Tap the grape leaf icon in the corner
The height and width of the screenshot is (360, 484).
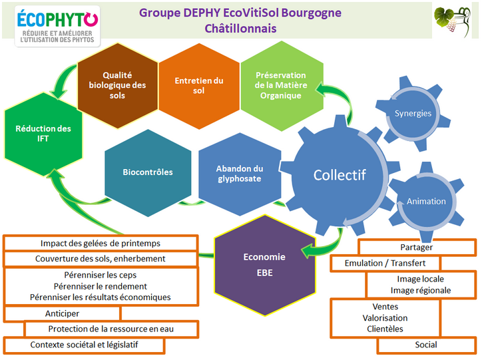pos(452,22)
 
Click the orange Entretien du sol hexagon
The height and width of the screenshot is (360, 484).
pos(198,85)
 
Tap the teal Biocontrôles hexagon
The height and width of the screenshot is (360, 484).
pos(147,172)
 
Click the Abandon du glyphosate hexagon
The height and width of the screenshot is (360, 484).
pos(240,173)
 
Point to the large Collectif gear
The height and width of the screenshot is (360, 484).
pos(340,175)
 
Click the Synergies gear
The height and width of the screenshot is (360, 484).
pos(413,113)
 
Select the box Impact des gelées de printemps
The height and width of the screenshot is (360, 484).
pos(100,244)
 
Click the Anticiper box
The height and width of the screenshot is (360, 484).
pos(62,313)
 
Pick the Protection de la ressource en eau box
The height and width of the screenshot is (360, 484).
pos(112,329)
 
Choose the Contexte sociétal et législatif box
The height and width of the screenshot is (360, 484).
pos(84,345)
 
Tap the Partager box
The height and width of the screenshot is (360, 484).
pos(417,248)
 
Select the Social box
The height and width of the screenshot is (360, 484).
pos(426,345)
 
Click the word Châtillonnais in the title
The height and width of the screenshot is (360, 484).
pos(241,29)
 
